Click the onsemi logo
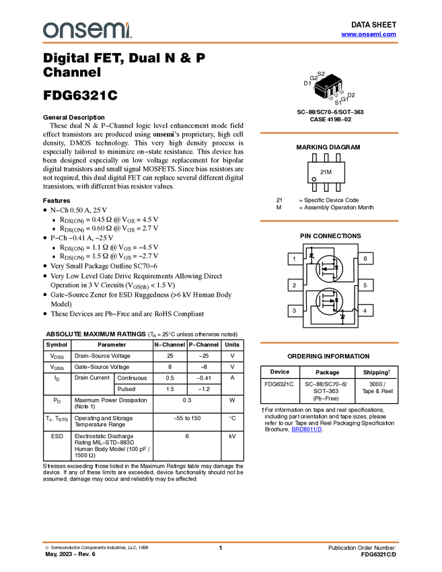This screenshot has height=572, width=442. (x=87, y=30)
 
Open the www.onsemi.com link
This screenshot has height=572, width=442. (x=369, y=34)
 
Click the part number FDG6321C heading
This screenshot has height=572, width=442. (x=80, y=95)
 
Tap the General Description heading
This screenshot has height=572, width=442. (x=74, y=118)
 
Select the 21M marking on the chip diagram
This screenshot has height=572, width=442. (x=326, y=172)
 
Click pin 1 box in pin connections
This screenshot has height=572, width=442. (x=295, y=258)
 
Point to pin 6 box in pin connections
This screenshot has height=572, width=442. (x=365, y=258)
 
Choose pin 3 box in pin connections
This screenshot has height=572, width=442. (x=295, y=311)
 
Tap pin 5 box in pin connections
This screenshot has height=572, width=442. (x=365, y=285)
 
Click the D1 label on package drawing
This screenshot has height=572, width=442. (x=307, y=83)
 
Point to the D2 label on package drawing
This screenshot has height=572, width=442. (x=351, y=95)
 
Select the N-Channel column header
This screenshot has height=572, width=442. (x=170, y=345)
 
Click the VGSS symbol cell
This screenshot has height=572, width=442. (x=57, y=367)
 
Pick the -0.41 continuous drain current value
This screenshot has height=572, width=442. (x=204, y=378)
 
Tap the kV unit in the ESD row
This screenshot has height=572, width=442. (x=232, y=436)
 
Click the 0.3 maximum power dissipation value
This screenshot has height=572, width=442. (x=187, y=400)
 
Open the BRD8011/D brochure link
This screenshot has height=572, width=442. (x=307, y=429)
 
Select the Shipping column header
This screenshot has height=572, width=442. (x=376, y=372)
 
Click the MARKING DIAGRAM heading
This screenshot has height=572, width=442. (x=328, y=147)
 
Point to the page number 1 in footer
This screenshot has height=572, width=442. (x=220, y=548)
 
